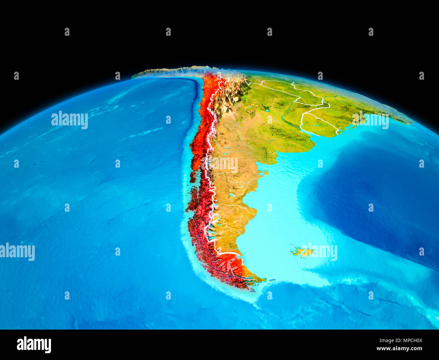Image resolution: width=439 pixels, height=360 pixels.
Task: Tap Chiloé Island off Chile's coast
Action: coord(193,176)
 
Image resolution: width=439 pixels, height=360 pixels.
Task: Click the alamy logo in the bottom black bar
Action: coord(34,344)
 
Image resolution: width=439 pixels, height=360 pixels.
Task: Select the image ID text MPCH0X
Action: coord(410,341)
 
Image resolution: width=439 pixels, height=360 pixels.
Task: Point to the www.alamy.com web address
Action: coord(399,349)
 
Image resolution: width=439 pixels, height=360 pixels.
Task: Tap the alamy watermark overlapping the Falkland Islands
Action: coord(319,252)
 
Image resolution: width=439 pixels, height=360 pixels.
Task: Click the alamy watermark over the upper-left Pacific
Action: coord(70,120)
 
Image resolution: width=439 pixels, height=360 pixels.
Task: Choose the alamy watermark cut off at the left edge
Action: coord(17,252)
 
